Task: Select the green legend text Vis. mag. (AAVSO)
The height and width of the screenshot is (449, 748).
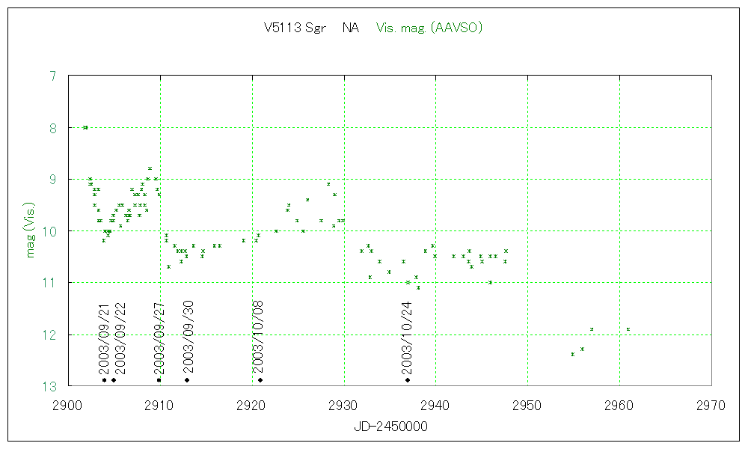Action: point(429,28)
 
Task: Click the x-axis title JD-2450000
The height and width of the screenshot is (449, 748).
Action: point(390,427)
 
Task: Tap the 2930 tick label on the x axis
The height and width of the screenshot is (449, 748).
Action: point(344,406)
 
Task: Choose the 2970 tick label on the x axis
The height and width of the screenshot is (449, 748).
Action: point(711,406)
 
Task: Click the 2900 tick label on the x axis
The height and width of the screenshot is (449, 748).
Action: point(68,406)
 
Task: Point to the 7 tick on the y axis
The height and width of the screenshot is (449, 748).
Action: point(52,76)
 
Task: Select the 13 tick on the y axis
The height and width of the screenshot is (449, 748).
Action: point(50,386)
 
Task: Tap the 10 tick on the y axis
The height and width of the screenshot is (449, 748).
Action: point(50,231)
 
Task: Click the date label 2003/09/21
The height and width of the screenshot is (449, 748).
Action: point(104,338)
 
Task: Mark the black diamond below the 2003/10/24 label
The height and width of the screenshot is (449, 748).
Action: point(408,380)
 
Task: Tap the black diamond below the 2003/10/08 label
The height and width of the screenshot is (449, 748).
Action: point(260,380)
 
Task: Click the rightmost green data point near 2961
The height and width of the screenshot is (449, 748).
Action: point(628,329)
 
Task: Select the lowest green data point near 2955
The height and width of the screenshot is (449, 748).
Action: point(572,354)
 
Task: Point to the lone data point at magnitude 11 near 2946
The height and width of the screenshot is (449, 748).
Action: point(490,282)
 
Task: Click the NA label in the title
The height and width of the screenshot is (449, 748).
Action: point(350,28)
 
